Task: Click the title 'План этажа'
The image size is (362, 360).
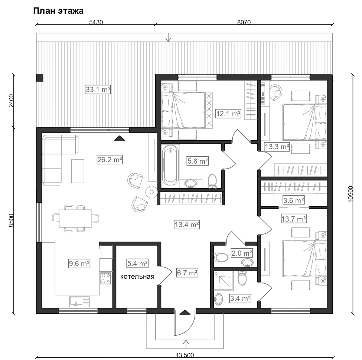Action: (58, 11)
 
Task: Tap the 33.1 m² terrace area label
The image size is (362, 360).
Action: (98, 89)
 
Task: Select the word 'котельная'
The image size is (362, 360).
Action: (137, 276)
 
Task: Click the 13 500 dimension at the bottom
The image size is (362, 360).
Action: (185, 355)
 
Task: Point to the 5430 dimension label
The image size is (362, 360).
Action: (96, 22)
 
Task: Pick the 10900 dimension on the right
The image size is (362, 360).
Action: (350, 194)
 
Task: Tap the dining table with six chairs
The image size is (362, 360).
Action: (75, 218)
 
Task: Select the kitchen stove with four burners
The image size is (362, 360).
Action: (106, 278)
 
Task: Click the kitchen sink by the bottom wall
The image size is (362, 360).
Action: (79, 302)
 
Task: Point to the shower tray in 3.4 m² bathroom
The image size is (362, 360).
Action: (223, 280)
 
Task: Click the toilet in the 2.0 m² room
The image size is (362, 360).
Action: (221, 258)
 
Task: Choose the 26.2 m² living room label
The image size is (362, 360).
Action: (110, 160)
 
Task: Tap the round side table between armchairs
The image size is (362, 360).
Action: (152, 192)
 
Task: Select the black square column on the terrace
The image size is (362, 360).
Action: (40, 78)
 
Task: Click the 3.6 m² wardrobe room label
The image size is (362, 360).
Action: (293, 200)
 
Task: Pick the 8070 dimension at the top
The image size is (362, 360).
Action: (244, 22)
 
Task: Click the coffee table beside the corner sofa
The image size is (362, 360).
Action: (78, 171)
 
